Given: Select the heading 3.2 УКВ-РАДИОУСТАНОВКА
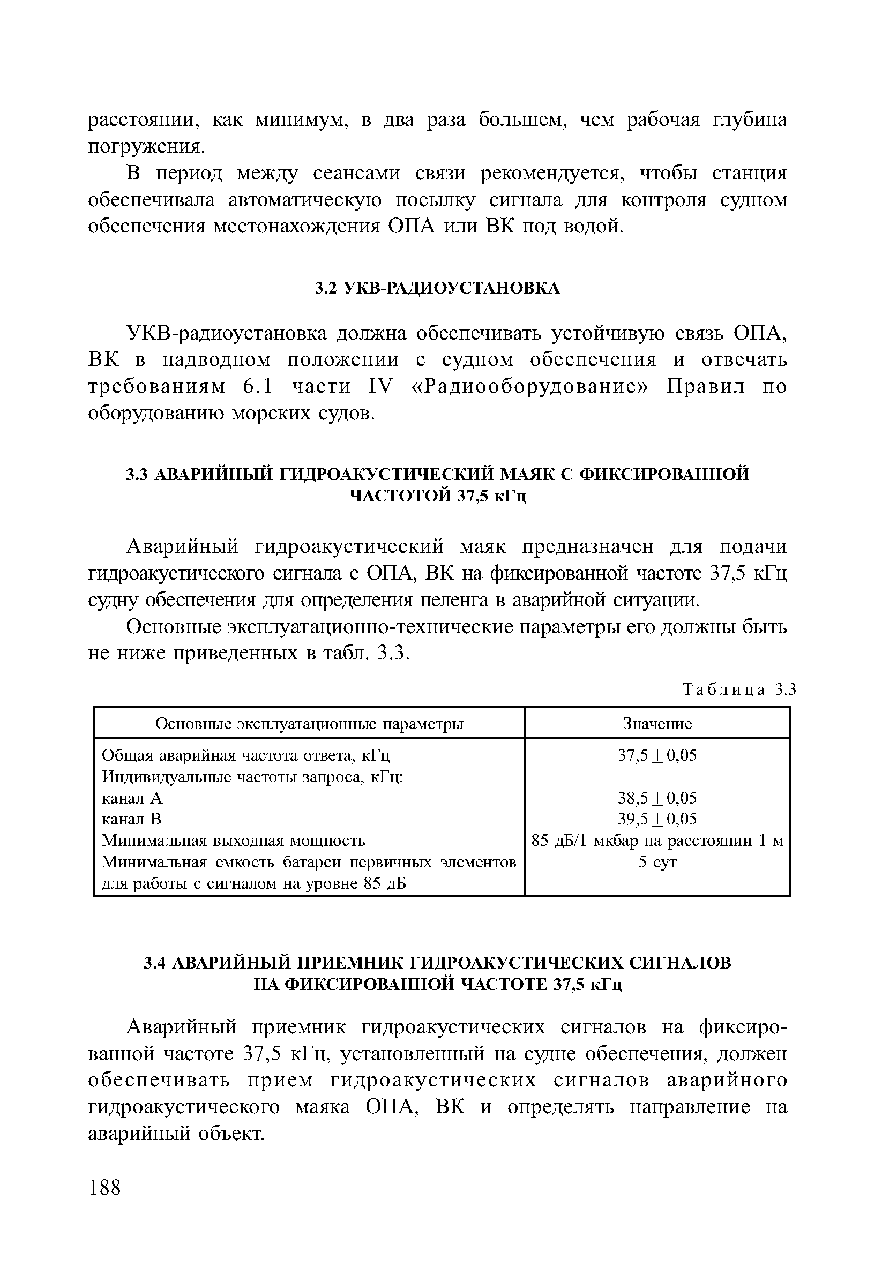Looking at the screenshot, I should point(437,288).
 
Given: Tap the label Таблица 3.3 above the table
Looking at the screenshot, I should point(739,689).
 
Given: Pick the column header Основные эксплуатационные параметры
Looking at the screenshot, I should point(309,724).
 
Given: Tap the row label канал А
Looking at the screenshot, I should point(132,799).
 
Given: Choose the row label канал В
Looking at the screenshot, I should point(132,819).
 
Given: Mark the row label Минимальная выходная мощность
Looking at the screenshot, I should point(234,841).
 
